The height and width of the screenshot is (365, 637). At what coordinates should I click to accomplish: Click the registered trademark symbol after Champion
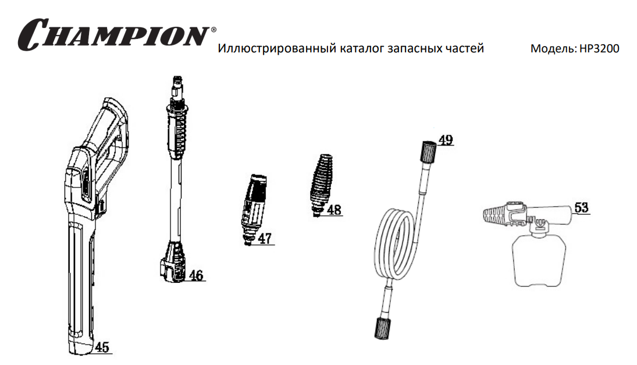click(x=213, y=30)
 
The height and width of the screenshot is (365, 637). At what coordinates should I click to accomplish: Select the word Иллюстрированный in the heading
click(x=277, y=48)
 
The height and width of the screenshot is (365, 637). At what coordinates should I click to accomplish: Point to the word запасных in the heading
click(x=414, y=49)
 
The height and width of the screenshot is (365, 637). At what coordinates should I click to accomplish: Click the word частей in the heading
click(x=464, y=49)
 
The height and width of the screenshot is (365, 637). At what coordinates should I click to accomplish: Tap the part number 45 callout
click(x=102, y=347)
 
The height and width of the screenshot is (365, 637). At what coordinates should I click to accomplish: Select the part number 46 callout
click(x=196, y=275)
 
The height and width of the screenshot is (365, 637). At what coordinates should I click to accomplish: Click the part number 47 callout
click(x=265, y=239)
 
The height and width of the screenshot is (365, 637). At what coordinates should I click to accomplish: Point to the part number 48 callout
click(x=334, y=210)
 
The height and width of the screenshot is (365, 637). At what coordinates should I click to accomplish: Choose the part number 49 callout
click(x=446, y=140)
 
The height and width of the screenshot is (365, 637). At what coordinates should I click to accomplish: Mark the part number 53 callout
click(x=581, y=208)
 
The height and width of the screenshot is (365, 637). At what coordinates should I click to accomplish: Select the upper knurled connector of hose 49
click(x=429, y=152)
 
